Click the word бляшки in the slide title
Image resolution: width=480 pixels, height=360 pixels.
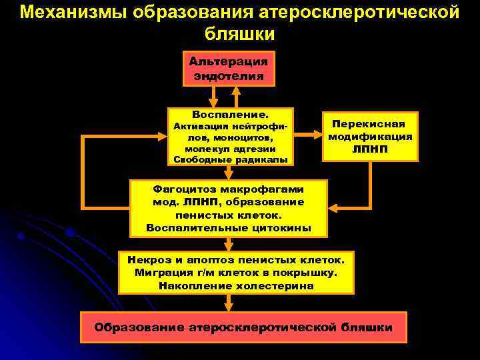click(239, 33)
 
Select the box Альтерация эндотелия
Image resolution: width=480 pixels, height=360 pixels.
click(228, 69)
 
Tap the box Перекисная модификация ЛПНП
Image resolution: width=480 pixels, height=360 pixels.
click(370, 136)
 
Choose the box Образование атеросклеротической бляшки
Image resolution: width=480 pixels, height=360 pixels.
click(243, 327)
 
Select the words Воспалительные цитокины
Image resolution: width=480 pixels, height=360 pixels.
click(228, 227)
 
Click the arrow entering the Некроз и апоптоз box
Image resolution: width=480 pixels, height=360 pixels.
click(228, 243)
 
